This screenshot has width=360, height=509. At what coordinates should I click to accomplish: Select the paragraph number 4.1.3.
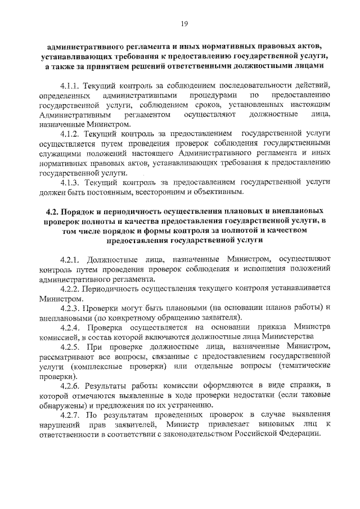pos(71,182)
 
